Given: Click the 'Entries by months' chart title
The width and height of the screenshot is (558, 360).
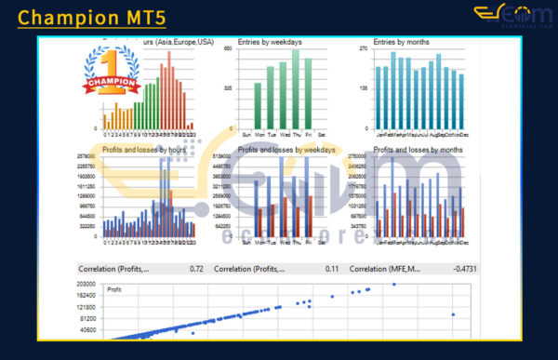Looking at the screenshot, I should pos(401,42).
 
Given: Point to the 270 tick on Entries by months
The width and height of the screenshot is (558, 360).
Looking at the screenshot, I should pos(365,48).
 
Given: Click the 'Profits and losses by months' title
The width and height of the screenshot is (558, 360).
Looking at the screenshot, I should pos(418,149).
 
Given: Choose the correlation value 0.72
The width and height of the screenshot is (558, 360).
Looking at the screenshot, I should pos(196,269).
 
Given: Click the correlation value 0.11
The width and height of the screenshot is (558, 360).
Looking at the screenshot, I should pos(332,269).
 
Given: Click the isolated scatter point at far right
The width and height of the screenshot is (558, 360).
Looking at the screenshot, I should pos(453,314).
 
